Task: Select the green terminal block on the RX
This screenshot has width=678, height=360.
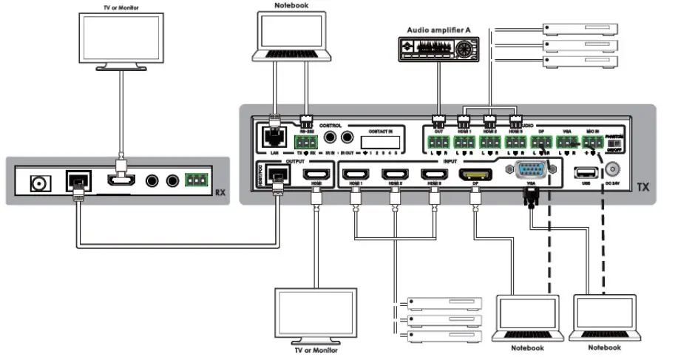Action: tap(197, 180)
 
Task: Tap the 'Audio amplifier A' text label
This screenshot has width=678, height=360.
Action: tap(439, 30)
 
